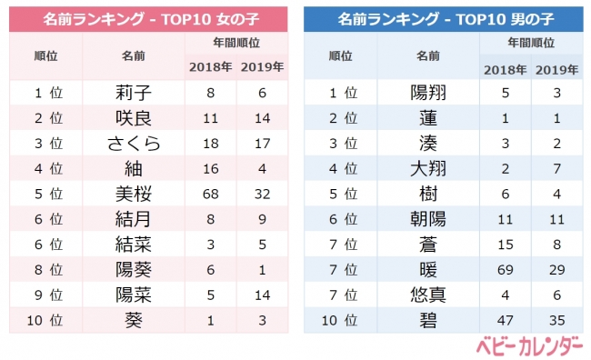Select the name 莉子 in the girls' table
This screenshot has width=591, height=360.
tap(133, 92)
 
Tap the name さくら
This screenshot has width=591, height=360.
tap(133, 143)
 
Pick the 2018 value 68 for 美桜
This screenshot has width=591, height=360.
tap(211, 194)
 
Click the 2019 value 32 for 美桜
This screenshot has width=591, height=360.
tap(261, 194)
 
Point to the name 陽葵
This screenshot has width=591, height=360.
tap(133, 270)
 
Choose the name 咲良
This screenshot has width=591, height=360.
tap(133, 117)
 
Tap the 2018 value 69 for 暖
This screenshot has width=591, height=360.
tap(506, 270)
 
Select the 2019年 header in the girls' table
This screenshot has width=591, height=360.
tap(261, 66)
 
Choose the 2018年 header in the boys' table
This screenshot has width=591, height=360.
tap(506, 68)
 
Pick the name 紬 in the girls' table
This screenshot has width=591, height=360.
tap(133, 168)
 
